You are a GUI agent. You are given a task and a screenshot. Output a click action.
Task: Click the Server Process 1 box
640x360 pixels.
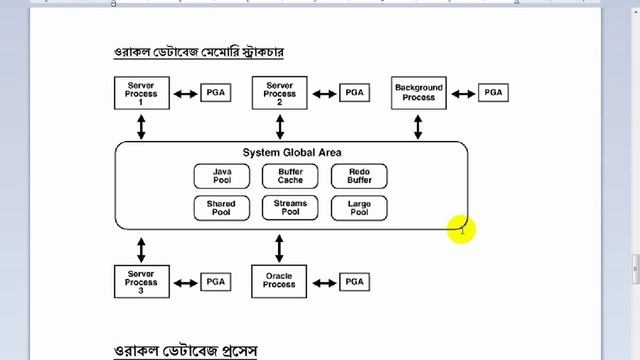140,93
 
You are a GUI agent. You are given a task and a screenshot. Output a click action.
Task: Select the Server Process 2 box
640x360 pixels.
280,93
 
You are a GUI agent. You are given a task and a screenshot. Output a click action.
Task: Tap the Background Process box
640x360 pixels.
419,93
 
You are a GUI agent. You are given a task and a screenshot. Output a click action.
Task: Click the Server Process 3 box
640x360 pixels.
140,281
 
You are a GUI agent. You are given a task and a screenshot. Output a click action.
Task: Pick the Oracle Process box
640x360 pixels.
280,281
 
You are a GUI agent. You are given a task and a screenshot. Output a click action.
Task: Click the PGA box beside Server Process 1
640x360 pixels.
216,93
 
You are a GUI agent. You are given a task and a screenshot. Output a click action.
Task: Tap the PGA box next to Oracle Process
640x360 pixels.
355,282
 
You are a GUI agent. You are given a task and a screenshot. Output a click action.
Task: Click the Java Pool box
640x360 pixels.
221,177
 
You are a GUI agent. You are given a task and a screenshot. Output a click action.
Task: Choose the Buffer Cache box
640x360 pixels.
290,177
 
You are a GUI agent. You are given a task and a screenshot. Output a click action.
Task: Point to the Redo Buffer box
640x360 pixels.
358,177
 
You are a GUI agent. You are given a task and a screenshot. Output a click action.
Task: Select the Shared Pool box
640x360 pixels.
221,208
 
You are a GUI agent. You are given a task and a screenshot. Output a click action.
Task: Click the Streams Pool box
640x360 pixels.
290,208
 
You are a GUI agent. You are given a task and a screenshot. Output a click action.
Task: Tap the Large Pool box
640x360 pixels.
358,208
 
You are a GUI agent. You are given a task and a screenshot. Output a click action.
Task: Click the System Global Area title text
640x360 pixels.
292,152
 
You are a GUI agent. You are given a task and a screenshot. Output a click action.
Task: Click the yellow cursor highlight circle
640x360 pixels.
462,229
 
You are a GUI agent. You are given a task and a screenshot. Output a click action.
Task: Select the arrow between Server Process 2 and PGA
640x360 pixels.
324,93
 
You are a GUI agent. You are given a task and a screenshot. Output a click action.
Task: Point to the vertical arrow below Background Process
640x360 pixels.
419,125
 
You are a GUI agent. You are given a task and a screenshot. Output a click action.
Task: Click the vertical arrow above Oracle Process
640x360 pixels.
280,247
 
